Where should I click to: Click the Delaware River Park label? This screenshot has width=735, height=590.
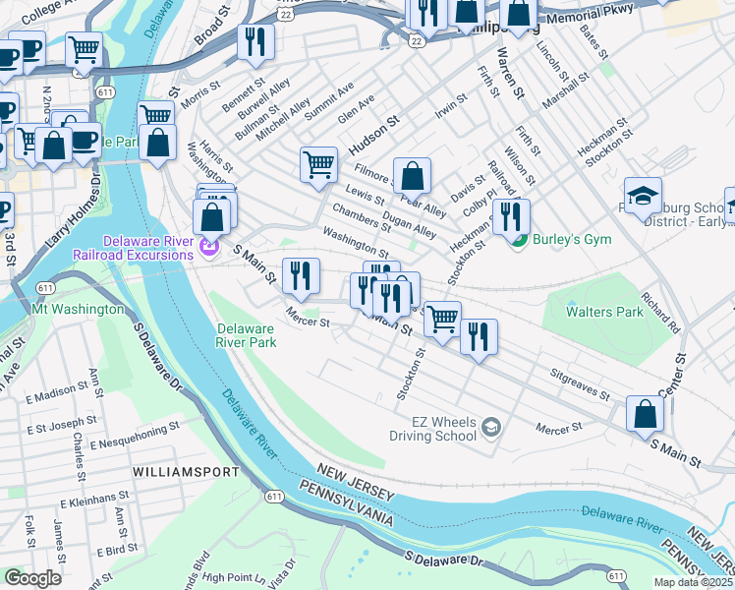click(246, 335)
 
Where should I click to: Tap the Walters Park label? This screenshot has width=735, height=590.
click(604, 311)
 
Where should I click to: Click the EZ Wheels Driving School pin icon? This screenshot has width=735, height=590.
click(492, 428)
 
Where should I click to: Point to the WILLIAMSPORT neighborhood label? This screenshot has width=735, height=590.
click(186, 472)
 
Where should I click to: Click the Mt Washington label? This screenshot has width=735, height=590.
click(79, 309)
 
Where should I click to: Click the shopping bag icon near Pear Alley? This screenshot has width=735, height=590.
click(413, 175)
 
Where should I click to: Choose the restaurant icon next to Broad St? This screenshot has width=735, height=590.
click(254, 41)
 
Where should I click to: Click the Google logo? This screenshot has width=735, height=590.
click(33, 578)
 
